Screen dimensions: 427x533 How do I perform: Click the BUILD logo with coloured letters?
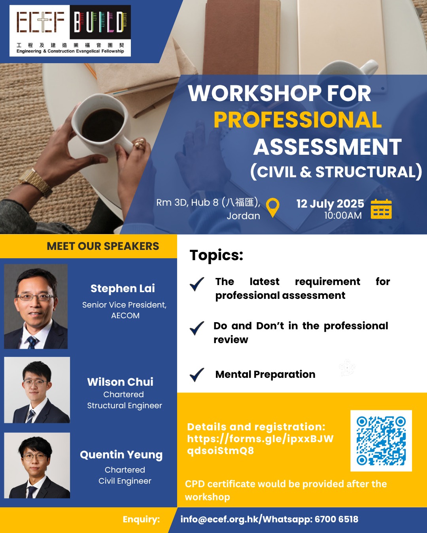point(100,22)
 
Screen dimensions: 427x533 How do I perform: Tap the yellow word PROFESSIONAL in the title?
point(297,120)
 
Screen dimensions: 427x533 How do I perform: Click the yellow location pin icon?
point(272,208)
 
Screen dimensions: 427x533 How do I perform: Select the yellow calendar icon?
point(381,209)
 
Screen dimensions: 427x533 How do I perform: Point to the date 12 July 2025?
point(330,204)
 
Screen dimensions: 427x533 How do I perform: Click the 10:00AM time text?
point(343,216)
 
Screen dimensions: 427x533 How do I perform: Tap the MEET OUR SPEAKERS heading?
point(103,246)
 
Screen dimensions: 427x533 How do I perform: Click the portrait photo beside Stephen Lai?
point(36,306)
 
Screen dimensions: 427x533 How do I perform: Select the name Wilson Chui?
point(120,382)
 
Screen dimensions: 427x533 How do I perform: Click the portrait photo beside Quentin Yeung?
point(37,465)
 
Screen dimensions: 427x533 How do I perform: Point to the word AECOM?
point(125,315)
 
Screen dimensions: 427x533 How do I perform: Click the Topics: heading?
point(216,255)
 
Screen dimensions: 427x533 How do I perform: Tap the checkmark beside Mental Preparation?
point(197,375)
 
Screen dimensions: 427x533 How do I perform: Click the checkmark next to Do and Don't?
point(197,328)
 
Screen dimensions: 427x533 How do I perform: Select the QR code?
point(381,441)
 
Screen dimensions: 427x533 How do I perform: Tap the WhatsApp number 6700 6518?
point(336,519)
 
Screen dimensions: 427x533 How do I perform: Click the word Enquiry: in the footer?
point(141,519)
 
